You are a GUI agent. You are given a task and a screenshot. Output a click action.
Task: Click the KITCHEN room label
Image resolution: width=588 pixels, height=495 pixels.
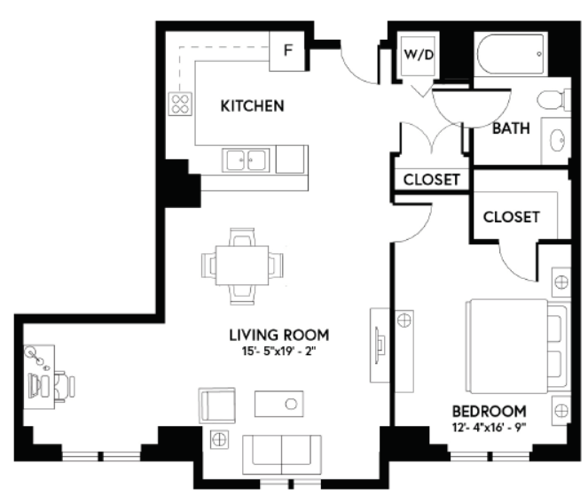[x=252, y=106]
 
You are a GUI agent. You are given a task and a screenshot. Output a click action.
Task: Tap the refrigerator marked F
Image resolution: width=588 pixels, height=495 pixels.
[x=287, y=51]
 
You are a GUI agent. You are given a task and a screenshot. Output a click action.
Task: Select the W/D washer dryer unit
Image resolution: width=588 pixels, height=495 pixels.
[x=418, y=56]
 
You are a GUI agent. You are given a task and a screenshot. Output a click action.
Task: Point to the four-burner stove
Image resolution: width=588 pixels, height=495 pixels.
[x=180, y=104]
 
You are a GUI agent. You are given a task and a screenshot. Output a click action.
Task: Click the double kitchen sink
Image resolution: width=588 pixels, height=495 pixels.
[x=246, y=160]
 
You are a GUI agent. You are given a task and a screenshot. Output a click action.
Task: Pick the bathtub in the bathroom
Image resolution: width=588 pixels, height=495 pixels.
[x=511, y=54]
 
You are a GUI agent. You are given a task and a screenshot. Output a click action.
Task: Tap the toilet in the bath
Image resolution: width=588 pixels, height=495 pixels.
[x=554, y=100]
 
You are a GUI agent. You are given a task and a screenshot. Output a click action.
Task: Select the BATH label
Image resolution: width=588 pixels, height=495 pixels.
[x=511, y=128]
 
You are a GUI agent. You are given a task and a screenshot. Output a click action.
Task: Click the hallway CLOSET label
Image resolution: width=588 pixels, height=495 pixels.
[x=431, y=180]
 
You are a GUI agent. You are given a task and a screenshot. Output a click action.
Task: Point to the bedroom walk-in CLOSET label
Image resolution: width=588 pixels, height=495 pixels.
[x=511, y=217]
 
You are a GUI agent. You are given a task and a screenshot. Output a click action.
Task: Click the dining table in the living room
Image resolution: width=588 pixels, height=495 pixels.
[x=242, y=266]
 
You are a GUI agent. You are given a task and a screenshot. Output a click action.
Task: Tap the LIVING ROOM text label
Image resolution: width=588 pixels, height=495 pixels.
[x=279, y=335]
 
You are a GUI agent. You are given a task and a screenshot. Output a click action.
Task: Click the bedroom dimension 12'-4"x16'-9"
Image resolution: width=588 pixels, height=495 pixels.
[x=490, y=427]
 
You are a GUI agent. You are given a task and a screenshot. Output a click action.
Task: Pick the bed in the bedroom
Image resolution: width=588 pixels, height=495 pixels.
[x=517, y=346]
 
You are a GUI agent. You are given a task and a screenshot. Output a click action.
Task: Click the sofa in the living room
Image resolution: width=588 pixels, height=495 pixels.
[x=282, y=454]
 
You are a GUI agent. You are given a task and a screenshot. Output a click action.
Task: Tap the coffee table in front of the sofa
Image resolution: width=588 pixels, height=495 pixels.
[x=279, y=404]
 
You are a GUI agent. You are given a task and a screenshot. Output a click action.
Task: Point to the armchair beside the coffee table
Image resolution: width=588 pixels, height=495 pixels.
[x=216, y=406]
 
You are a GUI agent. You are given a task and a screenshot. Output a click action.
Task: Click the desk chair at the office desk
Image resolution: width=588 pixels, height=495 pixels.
[x=65, y=386]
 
